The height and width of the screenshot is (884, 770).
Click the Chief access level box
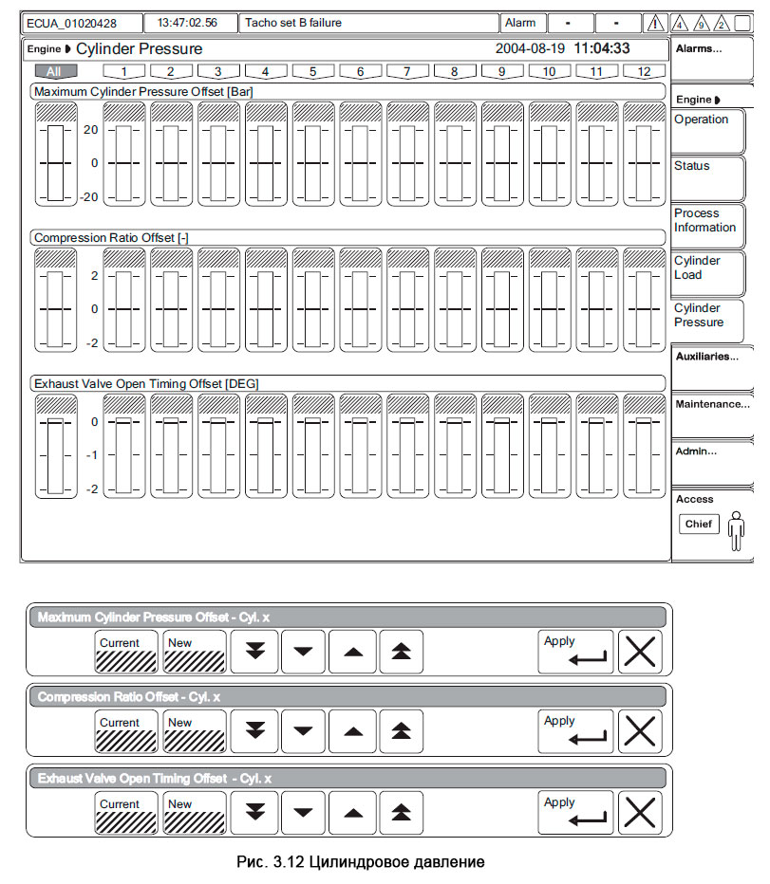(698, 525)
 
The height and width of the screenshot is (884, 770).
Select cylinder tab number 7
(407, 71)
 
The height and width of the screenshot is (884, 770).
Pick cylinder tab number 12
(645, 71)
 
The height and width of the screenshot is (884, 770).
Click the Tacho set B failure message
(369, 23)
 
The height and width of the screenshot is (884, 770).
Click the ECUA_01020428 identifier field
(83, 23)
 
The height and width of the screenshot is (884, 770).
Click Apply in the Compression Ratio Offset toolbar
(575, 731)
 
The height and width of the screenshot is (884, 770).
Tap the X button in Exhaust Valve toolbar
(640, 813)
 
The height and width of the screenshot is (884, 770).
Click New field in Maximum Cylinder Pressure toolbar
(194, 652)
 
